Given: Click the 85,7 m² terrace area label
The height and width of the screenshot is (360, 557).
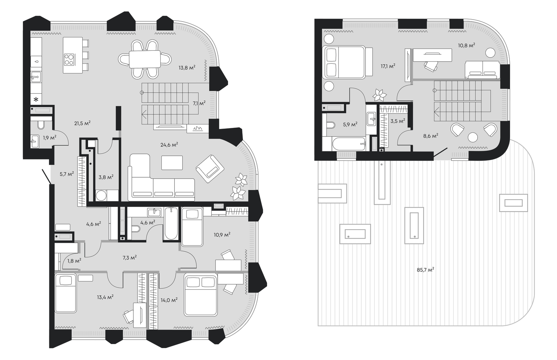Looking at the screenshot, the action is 425,270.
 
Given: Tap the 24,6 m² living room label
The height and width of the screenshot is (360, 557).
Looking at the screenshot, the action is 169,144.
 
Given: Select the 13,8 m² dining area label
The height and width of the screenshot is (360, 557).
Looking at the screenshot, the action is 187,67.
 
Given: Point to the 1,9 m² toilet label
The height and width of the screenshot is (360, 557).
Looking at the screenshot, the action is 49,137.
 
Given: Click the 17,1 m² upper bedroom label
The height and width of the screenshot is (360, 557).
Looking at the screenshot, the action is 388,66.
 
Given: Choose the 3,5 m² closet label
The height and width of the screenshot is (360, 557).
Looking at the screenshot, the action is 398,121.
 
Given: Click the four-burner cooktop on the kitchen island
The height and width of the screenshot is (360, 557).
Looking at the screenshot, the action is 69,60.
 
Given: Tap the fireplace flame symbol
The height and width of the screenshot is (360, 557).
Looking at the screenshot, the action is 198,128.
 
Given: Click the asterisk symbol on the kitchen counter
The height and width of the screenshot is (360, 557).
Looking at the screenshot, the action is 36,100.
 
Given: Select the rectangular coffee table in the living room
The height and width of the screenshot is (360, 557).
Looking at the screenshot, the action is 172,163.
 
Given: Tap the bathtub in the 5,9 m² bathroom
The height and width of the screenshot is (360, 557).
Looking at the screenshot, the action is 349,144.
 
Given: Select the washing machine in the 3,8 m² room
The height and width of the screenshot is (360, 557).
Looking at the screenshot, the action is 101,195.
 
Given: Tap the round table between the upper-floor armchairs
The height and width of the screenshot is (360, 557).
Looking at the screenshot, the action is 473,137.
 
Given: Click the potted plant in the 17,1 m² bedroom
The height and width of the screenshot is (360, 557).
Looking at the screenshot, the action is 379,95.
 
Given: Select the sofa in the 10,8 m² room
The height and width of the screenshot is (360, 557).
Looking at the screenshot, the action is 482,70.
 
